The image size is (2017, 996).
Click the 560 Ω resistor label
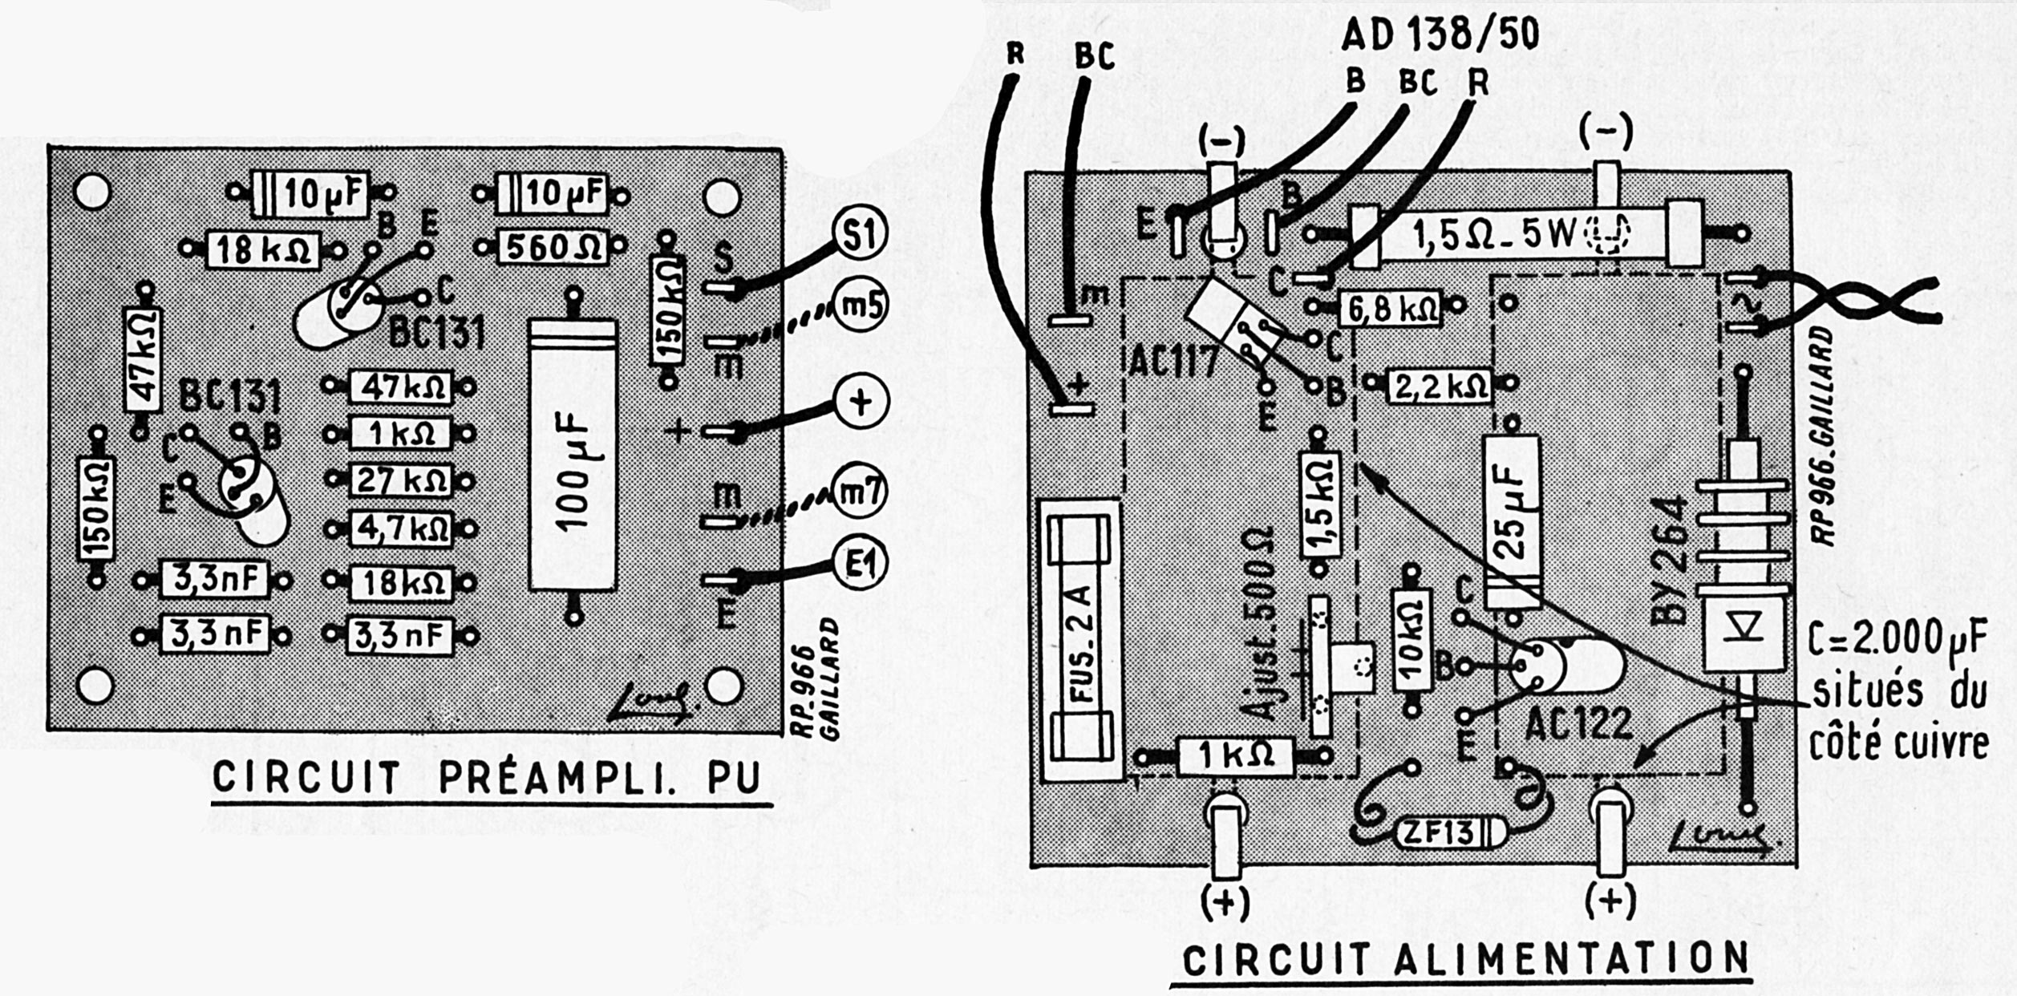[x=552, y=247]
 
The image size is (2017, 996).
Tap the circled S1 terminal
[x=861, y=234]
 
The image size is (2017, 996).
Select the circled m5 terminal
[x=861, y=306]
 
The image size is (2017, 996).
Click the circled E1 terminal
[x=861, y=565]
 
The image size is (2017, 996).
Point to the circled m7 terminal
[x=861, y=491]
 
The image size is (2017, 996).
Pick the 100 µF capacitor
[x=573, y=455]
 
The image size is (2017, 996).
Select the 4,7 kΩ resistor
[x=401, y=529]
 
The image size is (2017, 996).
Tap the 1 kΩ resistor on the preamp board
[x=401, y=434]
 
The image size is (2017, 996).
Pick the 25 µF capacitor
[x=1512, y=521]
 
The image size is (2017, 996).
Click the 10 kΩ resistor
[x=1412, y=639]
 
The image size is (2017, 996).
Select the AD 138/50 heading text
[x=1440, y=35]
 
